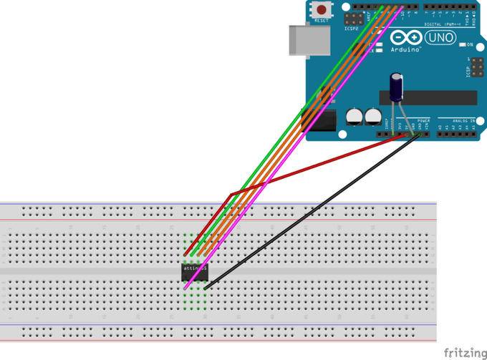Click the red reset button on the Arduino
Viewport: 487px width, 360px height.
click(x=322, y=10)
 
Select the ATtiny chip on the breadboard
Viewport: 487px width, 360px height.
click(x=194, y=270)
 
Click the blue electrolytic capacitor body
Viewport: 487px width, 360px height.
click(x=395, y=86)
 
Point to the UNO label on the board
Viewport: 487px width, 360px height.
click(x=440, y=38)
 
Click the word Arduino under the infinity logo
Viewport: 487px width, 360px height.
click(x=405, y=50)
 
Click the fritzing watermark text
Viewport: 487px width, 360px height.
click(x=463, y=351)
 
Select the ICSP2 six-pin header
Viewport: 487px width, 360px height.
click(x=353, y=17)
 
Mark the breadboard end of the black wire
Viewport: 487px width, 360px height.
click(x=206, y=288)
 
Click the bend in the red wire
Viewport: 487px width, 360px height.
click(x=229, y=193)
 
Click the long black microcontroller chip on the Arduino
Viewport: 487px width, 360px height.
click(x=430, y=97)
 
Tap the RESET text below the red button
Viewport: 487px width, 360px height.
click(x=322, y=21)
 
